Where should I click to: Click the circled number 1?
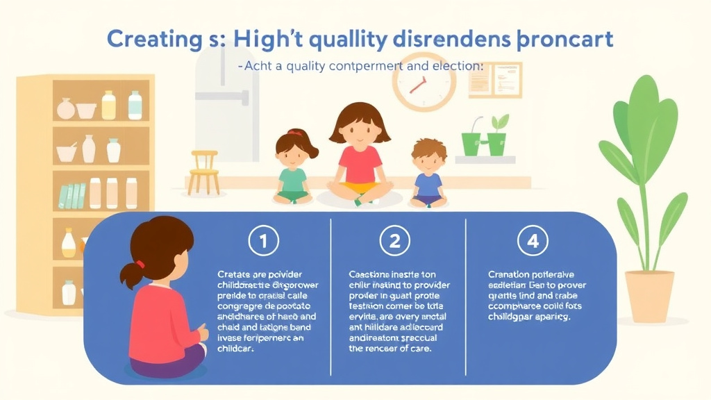[263, 242]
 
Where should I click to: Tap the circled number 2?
[394, 242]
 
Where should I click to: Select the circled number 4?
[533, 242]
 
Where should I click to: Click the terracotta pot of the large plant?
[649, 295]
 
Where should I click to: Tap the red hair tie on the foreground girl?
[140, 264]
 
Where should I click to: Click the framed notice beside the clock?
[494, 80]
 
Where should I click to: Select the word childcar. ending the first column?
[237, 350]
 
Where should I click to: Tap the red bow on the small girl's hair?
[295, 133]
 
